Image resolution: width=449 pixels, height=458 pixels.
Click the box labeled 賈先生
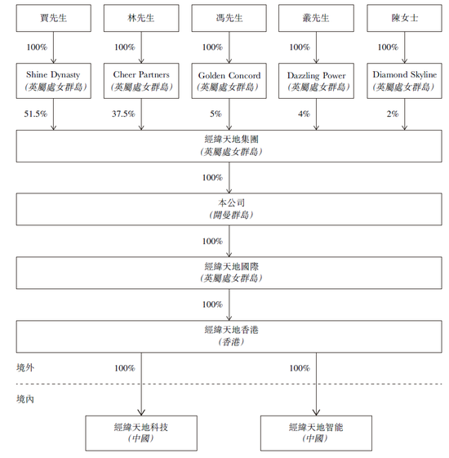pos(53,18)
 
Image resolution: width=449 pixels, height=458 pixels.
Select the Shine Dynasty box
pos(53,81)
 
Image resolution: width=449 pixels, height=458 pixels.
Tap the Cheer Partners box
pos(141,81)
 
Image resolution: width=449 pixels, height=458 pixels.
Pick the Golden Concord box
pos(229,81)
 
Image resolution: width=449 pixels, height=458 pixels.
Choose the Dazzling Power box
pos(316,81)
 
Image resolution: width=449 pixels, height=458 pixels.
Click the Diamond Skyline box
pos(405,81)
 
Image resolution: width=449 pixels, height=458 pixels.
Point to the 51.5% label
pos(36,113)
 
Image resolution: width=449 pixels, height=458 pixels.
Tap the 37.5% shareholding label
pos(123,113)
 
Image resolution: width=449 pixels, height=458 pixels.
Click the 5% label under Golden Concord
pos(216,113)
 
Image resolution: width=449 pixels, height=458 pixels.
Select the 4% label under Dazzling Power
pos(305,113)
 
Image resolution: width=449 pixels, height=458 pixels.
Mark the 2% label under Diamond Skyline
pos(393,113)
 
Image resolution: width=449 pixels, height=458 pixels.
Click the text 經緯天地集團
pos(231,139)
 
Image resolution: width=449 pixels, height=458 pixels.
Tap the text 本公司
pos(231,202)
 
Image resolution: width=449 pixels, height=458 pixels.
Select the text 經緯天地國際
pos(231,266)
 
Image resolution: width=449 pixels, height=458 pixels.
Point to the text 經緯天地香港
pos(231,330)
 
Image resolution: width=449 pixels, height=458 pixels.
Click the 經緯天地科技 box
pos(141,434)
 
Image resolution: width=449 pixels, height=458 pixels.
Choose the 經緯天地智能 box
pos(316,434)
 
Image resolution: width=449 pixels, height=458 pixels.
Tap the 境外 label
pos(25,367)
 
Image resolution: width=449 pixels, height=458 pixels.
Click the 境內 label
pos(25,399)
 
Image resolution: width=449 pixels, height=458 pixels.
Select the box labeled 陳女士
pos(405,18)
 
